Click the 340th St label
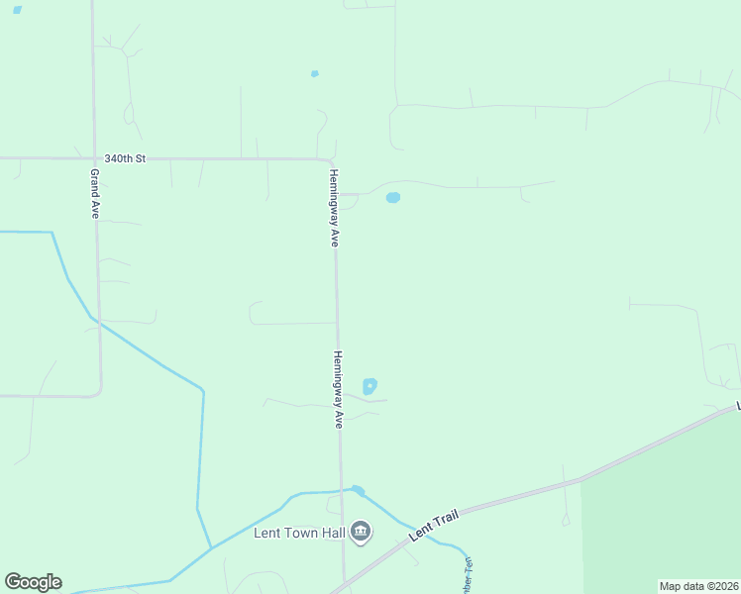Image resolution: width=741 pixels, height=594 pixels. click(125, 158)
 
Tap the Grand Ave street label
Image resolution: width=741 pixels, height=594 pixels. click(95, 194)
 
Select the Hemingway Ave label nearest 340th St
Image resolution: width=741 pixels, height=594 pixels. click(335, 208)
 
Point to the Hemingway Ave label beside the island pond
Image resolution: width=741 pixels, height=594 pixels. click(338, 389)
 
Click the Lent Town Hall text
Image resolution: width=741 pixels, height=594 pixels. click(298, 533)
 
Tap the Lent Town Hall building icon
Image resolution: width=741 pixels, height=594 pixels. click(361, 533)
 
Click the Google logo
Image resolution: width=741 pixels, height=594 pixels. click(33, 582)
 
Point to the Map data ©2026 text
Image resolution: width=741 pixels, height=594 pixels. click(698, 586)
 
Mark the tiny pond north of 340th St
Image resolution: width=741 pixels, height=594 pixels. click(315, 73)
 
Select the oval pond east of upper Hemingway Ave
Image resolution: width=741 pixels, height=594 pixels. click(392, 197)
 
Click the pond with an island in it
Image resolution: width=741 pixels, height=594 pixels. click(370, 386)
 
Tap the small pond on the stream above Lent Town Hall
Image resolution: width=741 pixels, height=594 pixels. click(358, 490)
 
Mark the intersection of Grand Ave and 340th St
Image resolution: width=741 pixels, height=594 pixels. click(93, 158)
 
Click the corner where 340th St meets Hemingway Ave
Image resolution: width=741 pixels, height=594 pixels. click(332, 160)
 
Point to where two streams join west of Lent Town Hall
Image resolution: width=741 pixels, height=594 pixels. click(211, 547)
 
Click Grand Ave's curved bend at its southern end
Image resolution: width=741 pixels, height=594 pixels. click(98, 393)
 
